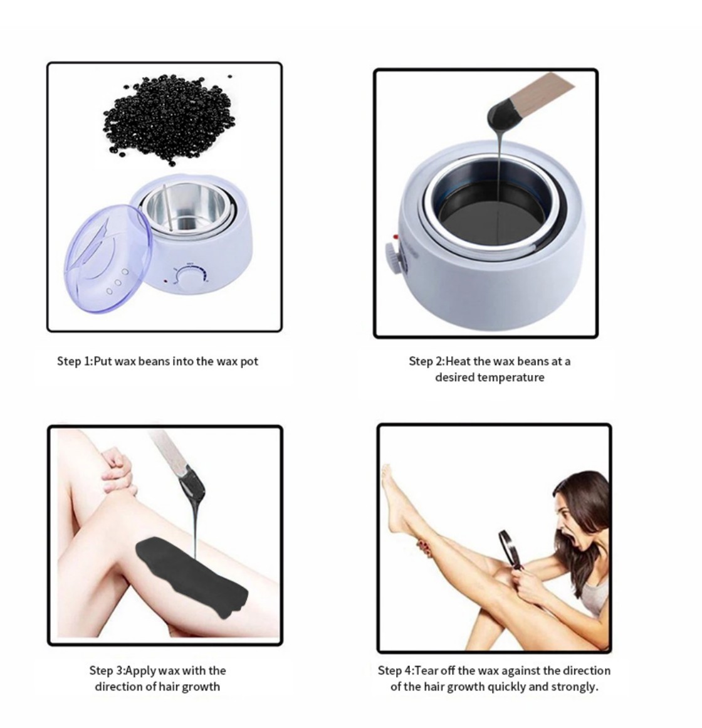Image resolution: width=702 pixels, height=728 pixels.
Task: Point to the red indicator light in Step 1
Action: click(x=165, y=281)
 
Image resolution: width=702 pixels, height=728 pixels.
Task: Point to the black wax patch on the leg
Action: click(x=191, y=576)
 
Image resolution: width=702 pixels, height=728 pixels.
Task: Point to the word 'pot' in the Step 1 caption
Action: click(x=249, y=362)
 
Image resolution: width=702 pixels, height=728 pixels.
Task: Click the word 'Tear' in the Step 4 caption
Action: click(x=426, y=670)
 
